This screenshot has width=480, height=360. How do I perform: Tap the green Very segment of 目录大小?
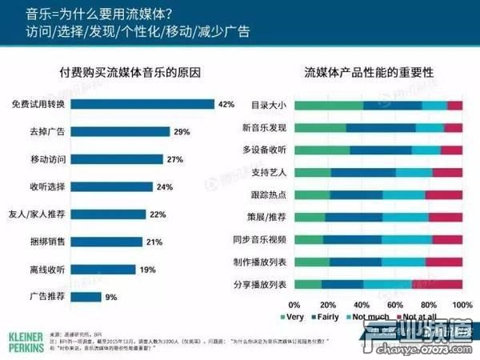[328, 105]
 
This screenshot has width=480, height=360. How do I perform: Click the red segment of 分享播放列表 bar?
[438, 284]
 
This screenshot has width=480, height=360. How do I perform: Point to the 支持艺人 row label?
[271, 172]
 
